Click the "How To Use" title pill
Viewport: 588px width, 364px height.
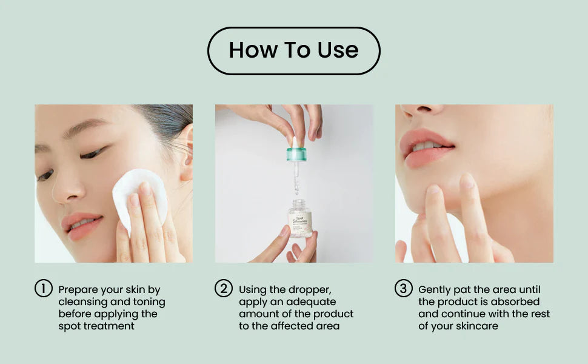(x=293, y=50)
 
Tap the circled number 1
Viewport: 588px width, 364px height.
(x=43, y=289)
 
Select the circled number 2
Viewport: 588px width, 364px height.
(x=224, y=289)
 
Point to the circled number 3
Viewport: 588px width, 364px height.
(x=404, y=289)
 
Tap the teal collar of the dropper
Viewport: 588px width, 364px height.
(x=296, y=154)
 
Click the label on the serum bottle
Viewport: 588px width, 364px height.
(x=299, y=221)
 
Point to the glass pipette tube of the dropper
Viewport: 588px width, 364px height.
(x=296, y=176)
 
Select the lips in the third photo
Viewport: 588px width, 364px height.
(x=426, y=147)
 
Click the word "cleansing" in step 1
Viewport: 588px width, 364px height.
(x=82, y=302)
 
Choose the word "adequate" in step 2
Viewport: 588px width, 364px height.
(x=311, y=302)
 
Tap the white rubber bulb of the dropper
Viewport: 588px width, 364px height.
(x=295, y=142)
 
